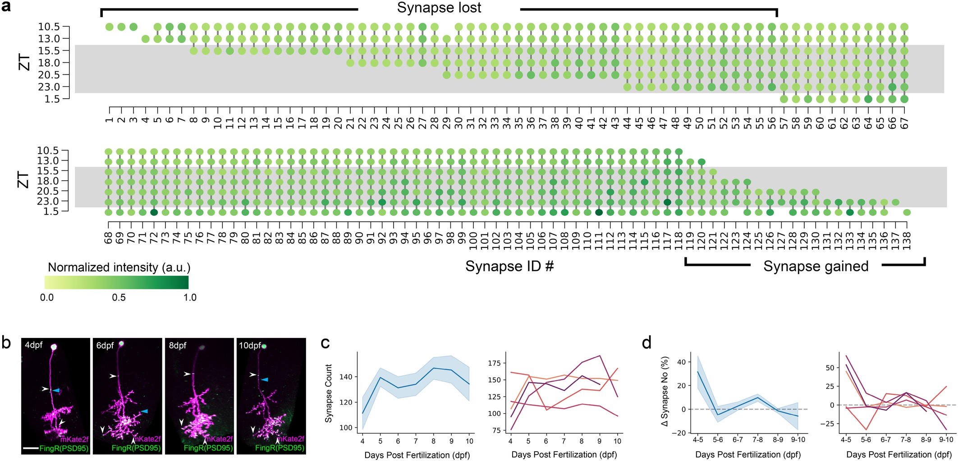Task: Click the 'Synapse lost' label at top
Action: click(x=439, y=8)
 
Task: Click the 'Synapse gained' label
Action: click(x=816, y=266)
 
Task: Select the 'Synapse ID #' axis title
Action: click(x=509, y=266)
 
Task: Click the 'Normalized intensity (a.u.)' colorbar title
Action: click(x=119, y=267)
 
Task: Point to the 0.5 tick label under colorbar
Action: click(x=119, y=297)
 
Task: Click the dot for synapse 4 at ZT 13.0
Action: click(x=145, y=39)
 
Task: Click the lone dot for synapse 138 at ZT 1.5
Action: click(x=907, y=212)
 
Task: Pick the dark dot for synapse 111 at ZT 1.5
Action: click(x=599, y=212)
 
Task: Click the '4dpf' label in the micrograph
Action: click(x=34, y=345)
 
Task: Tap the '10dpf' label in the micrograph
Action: click(x=250, y=346)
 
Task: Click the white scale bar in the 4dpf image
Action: click(x=30, y=448)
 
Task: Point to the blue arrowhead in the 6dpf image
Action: click(x=144, y=411)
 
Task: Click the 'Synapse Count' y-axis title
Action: click(x=329, y=393)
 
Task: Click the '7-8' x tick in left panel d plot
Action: click(x=757, y=439)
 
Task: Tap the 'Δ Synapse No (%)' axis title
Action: click(x=665, y=393)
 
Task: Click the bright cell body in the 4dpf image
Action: click(x=54, y=347)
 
